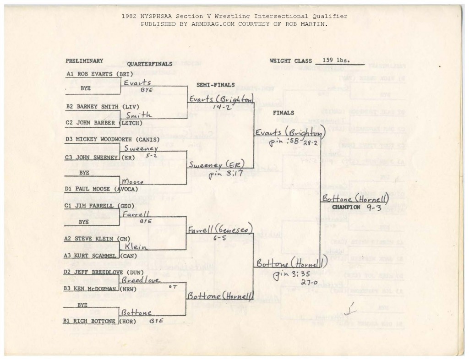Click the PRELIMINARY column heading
tap(84, 60)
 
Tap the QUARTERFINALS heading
tap(150, 64)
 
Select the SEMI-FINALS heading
tap(215, 85)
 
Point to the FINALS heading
tap(284, 113)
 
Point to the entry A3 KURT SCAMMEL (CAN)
tap(101, 256)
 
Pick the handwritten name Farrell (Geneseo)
tap(220, 230)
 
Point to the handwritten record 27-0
tap(310, 283)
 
